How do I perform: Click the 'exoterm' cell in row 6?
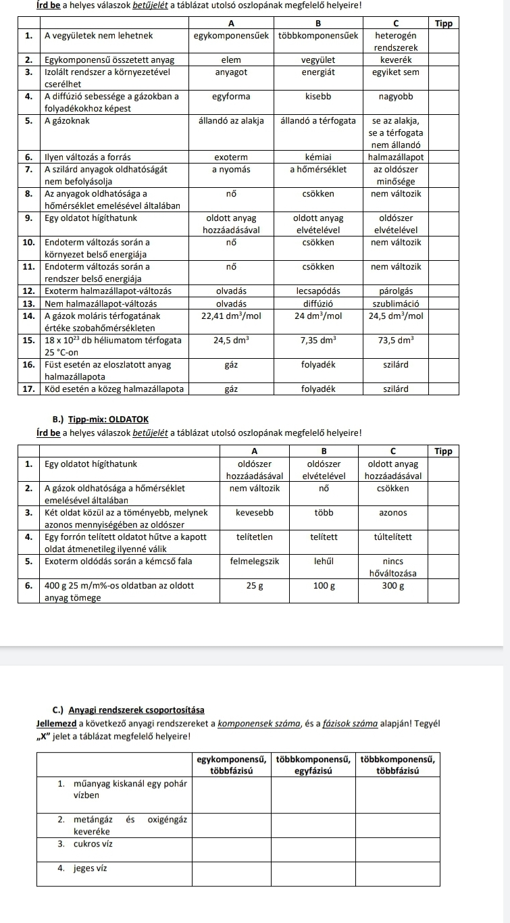point(231,157)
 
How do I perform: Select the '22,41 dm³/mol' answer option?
point(231,316)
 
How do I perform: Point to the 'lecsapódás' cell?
point(317,291)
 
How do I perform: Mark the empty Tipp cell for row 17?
point(443,389)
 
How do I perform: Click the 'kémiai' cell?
point(317,157)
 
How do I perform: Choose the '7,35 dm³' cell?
point(317,340)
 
